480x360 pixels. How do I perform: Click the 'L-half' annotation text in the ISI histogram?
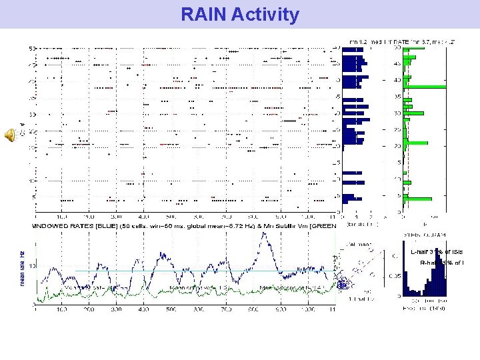tap(420, 252)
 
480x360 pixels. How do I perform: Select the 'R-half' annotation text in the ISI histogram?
tap(429, 263)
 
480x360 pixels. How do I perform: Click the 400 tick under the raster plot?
tap(143, 217)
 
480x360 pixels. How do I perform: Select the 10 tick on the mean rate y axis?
tap(29, 266)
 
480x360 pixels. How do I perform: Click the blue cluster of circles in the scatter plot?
tap(343, 283)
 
